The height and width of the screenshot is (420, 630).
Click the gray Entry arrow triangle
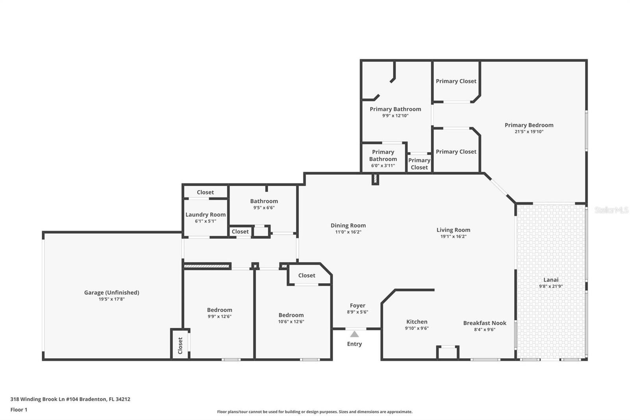pyautogui.click(x=354, y=334)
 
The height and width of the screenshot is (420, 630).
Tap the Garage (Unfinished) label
pyautogui.click(x=112, y=292)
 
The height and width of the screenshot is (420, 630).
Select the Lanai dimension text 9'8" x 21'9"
pyautogui.click(x=551, y=286)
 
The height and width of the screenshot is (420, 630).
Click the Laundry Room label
pyautogui.click(x=206, y=214)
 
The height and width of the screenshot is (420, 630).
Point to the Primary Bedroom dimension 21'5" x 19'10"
pyautogui.click(x=529, y=132)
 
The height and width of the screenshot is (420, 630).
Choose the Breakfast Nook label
pyautogui.click(x=485, y=323)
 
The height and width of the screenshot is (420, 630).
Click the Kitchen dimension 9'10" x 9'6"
pyautogui.click(x=417, y=328)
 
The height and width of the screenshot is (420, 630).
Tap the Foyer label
pyautogui.click(x=358, y=305)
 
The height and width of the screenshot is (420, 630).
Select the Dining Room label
pyautogui.click(x=348, y=225)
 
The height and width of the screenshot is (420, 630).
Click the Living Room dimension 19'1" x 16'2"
pyautogui.click(x=453, y=236)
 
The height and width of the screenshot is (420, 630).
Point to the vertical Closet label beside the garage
pyautogui.click(x=180, y=346)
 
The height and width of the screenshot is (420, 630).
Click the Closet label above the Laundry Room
pyautogui.click(x=205, y=192)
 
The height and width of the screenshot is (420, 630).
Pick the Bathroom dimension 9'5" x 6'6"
pyautogui.click(x=264, y=208)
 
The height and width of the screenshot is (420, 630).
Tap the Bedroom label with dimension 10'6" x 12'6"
pyautogui.click(x=291, y=315)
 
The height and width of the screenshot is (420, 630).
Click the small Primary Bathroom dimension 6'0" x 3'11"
pyautogui.click(x=383, y=165)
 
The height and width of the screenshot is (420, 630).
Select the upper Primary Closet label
pyautogui.click(x=456, y=81)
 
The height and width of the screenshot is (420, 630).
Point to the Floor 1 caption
pyautogui.click(x=19, y=410)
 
